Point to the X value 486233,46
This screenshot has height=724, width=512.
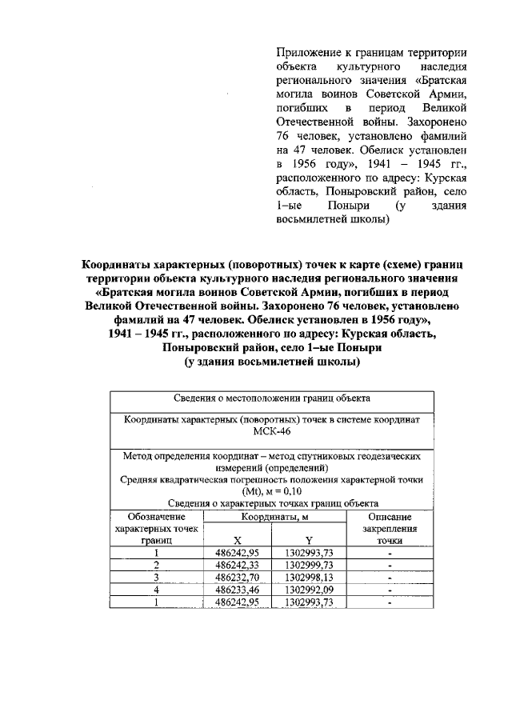point(241,590)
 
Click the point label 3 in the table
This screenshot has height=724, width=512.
point(157,578)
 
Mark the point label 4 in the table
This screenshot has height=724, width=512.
point(157,590)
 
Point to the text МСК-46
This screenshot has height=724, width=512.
point(273,432)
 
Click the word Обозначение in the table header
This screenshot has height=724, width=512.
point(157,517)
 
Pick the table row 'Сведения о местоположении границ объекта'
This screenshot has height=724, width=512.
point(273,398)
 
